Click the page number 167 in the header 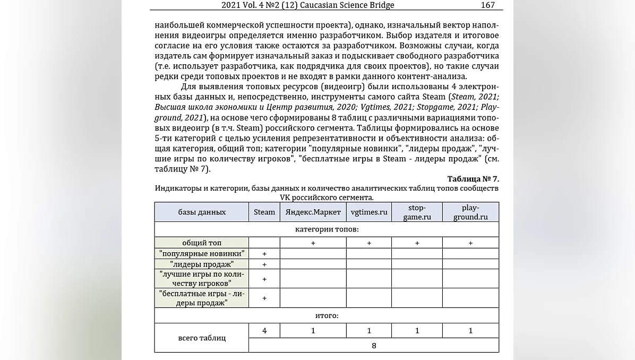pyautogui.click(x=487, y=5)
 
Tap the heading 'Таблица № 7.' pyautogui.click(x=473, y=179)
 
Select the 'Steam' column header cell pyautogui.click(x=264, y=212)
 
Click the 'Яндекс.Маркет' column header pyautogui.click(x=313, y=212)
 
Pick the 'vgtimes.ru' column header pyautogui.click(x=369, y=212)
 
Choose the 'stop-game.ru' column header pyautogui.click(x=417, y=212)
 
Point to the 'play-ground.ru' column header pyautogui.click(x=470, y=212)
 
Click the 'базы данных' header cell pyautogui.click(x=202, y=212)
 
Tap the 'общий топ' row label pyautogui.click(x=202, y=243)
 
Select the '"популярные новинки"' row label pyautogui.click(x=202, y=253)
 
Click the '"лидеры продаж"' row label pyautogui.click(x=202, y=264)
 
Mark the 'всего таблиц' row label pyautogui.click(x=202, y=338)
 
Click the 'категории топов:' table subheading pyautogui.click(x=327, y=229)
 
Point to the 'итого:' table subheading pyautogui.click(x=327, y=315)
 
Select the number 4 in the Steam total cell pyautogui.click(x=264, y=331)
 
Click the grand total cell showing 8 pyautogui.click(x=374, y=345)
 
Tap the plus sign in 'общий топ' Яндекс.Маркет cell pyautogui.click(x=313, y=243)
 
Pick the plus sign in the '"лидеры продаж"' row pyautogui.click(x=264, y=264)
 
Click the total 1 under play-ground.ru pyautogui.click(x=470, y=331)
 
